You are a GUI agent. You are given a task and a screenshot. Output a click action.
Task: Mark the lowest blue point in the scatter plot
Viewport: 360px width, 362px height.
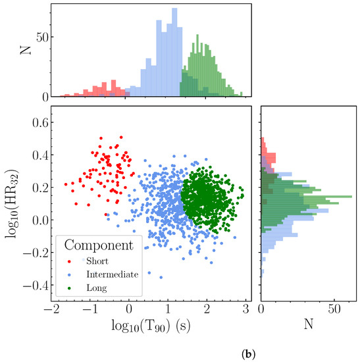(x=160, y=276)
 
